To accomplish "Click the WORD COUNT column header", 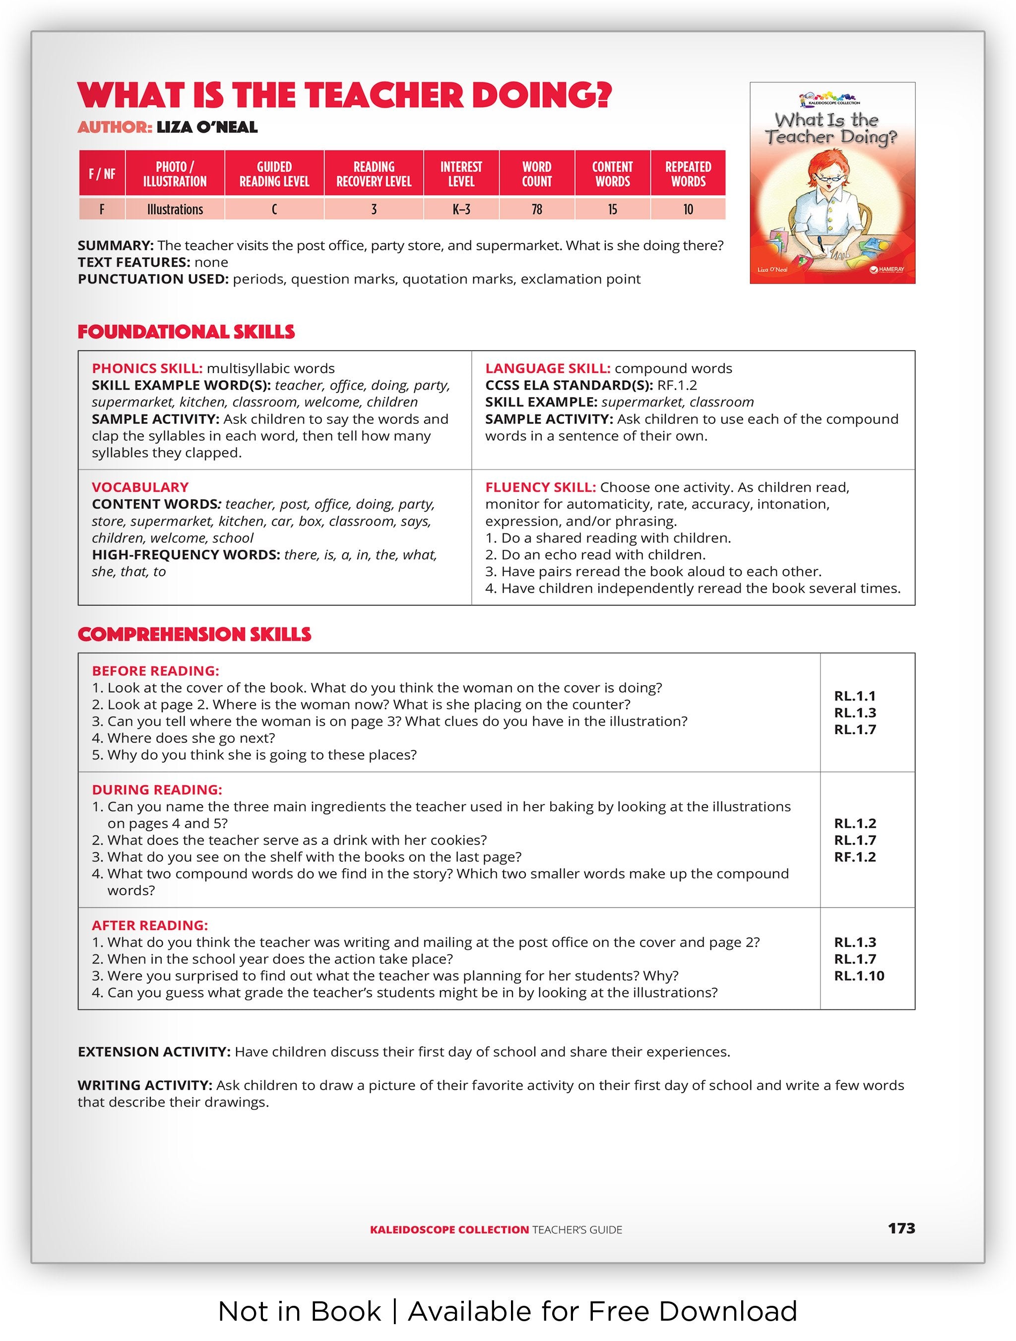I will [x=536, y=174].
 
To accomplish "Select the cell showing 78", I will [x=536, y=209].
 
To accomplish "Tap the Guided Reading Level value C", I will [x=274, y=209].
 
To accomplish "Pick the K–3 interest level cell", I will [x=461, y=209].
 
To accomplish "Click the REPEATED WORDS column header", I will [x=688, y=174].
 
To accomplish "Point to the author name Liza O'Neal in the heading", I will [x=207, y=127].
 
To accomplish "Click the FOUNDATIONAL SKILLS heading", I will [x=186, y=332].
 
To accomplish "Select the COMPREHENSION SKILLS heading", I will [x=194, y=634].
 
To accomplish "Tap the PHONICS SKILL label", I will [x=147, y=369].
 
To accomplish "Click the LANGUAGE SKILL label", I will [x=547, y=369].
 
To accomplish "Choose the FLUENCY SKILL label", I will [x=540, y=487].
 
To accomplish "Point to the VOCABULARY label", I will [x=140, y=487].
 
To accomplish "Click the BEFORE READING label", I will [x=155, y=671].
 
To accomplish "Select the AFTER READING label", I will [x=150, y=925].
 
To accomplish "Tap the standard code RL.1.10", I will [x=859, y=976].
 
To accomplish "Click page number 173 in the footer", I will [x=901, y=1228].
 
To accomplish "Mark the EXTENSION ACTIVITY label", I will [x=153, y=1052].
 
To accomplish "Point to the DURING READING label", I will [x=156, y=790].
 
